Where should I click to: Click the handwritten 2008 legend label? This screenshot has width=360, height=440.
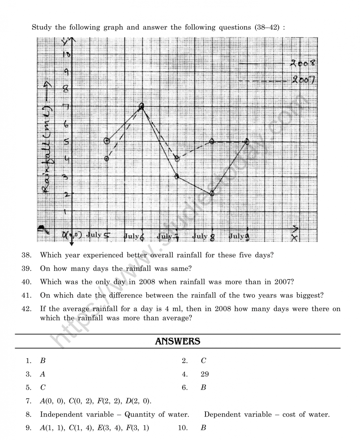pyautogui.click(x=303, y=63)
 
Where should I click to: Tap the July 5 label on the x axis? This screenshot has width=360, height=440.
pyautogui.click(x=98, y=235)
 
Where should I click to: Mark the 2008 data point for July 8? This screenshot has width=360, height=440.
pyautogui.click(x=212, y=194)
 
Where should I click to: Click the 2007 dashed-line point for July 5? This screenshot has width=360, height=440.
pyautogui.click(x=106, y=159)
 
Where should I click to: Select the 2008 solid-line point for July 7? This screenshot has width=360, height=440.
pyautogui.click(x=177, y=176)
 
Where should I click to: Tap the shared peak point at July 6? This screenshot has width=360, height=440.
pyautogui.click(x=142, y=106)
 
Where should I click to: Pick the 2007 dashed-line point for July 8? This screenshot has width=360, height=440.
pyautogui.click(x=212, y=141)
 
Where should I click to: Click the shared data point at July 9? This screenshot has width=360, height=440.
pyautogui.click(x=247, y=141)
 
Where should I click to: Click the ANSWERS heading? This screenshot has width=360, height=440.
pyautogui.click(x=178, y=341)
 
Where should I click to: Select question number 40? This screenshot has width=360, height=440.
pyautogui.click(x=26, y=282)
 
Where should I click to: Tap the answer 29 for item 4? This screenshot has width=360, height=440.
pyautogui.click(x=205, y=374)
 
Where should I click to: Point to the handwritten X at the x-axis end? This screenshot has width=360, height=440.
pyautogui.click(x=295, y=238)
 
